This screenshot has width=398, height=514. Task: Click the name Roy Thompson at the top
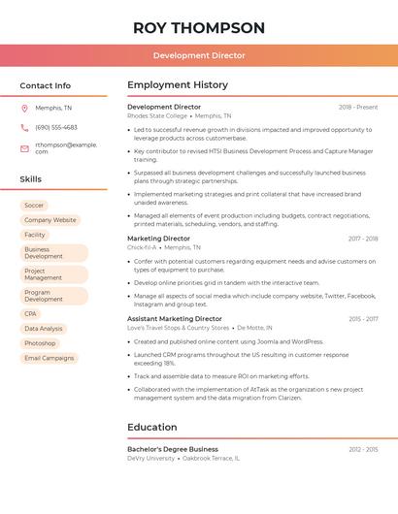(199, 28)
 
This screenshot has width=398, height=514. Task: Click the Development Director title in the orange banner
(199, 56)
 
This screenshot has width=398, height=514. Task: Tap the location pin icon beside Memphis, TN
(24, 108)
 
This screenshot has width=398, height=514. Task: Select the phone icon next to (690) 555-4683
(24, 127)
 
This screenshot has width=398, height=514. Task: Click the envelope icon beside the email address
(24, 148)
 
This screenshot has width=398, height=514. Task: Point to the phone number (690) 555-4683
(56, 127)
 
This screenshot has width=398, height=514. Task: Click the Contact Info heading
(45, 85)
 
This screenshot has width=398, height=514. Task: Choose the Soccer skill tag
(34, 206)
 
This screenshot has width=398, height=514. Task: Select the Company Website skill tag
(50, 220)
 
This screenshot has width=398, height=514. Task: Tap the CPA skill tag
(31, 314)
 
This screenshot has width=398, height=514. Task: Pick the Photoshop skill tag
(40, 343)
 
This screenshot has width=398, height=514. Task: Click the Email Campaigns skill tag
(49, 358)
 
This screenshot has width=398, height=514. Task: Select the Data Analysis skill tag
(44, 329)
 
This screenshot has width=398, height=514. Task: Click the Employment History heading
(178, 85)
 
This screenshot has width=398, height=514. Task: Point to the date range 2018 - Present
(358, 107)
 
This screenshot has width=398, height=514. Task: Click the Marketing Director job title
(158, 239)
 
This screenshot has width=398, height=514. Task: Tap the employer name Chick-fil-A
(142, 247)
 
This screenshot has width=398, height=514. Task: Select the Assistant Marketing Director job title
(175, 319)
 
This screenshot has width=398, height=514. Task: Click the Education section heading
(152, 427)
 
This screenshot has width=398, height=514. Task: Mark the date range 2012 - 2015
(363, 449)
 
